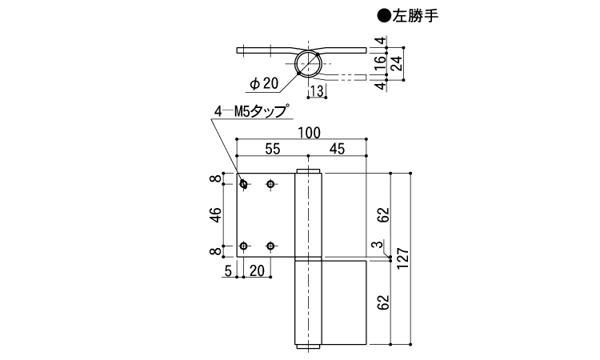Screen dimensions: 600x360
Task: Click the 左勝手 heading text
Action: [x=415, y=16]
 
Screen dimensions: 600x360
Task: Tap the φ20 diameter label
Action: [x=264, y=83]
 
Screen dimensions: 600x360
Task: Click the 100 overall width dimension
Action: [x=309, y=133]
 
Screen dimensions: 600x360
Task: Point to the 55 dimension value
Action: [x=273, y=149]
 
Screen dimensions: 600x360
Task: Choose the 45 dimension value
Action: [x=337, y=149]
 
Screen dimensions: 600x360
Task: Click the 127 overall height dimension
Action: [x=403, y=259]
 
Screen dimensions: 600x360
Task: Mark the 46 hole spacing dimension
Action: [x=216, y=215]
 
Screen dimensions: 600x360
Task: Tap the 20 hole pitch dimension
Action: [x=257, y=271]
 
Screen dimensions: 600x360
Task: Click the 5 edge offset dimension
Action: [x=228, y=271]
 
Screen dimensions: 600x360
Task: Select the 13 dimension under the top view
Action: [x=317, y=91]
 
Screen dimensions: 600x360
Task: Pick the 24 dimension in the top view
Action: [x=398, y=63]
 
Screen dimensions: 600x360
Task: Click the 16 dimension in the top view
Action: [x=380, y=62]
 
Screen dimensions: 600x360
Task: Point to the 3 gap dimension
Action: [x=379, y=244]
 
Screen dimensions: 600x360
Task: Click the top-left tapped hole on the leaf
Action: [x=243, y=184]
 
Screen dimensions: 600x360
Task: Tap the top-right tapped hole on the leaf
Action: [x=270, y=184]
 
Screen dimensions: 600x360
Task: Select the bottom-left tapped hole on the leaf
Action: [x=243, y=246]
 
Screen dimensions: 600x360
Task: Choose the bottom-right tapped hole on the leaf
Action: [x=270, y=246]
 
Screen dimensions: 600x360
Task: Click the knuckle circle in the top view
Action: [x=294, y=63]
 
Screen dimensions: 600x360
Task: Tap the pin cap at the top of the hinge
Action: [x=309, y=170]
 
